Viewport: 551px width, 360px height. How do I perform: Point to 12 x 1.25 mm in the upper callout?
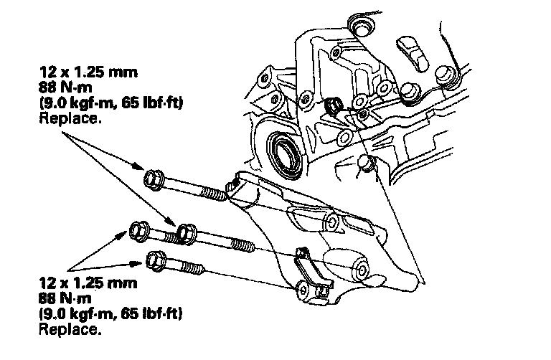(x=84, y=73)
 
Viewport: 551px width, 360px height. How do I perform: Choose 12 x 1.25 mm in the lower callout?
(x=84, y=284)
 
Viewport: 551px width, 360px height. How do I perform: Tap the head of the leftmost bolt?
(x=138, y=232)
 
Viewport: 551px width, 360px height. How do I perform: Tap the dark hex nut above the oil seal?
(x=334, y=108)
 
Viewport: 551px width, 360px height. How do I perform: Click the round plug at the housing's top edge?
(x=359, y=28)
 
